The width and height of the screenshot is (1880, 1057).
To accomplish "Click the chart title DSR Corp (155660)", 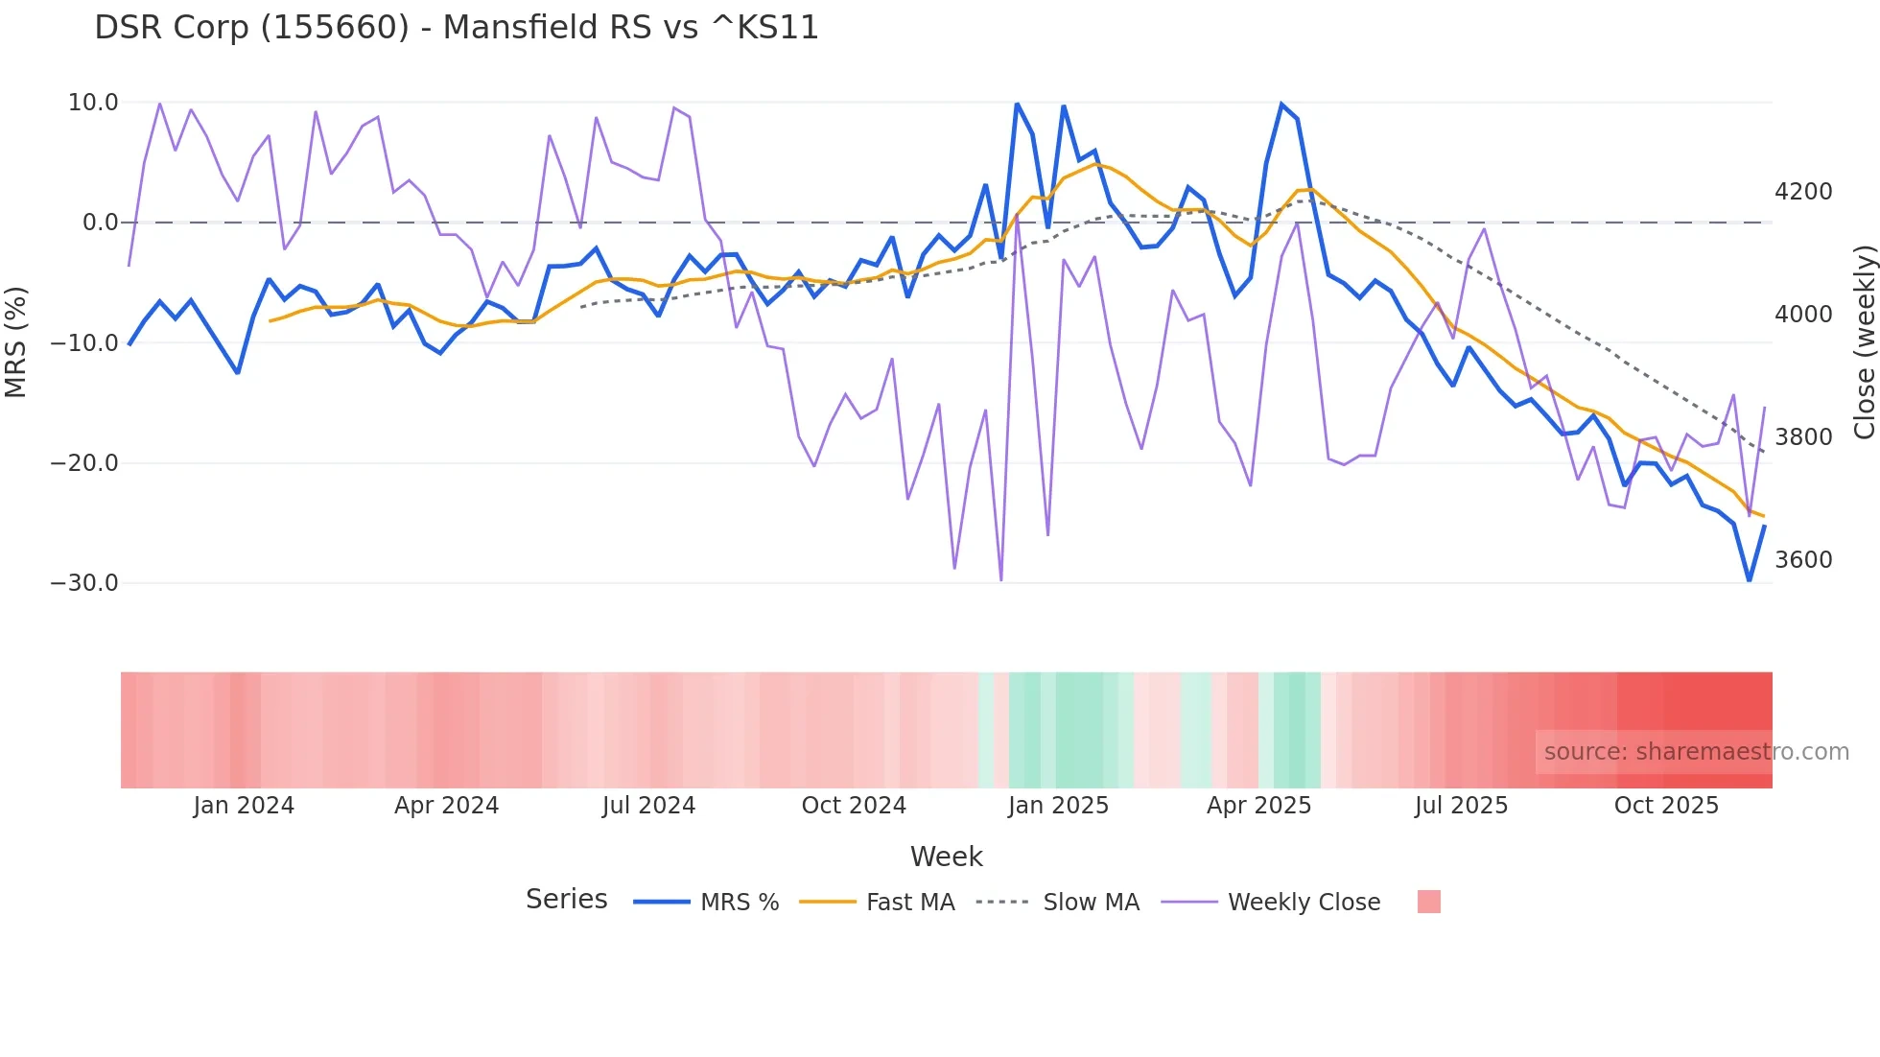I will click(457, 28).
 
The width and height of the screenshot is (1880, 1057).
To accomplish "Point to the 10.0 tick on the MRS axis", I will click(93, 103).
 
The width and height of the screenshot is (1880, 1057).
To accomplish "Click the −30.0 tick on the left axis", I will click(84, 583).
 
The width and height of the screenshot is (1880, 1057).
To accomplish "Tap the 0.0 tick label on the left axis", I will click(101, 223).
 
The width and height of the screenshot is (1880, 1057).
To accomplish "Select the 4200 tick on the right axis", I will click(1803, 192).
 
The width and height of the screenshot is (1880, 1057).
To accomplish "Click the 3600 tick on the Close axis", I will click(1803, 560).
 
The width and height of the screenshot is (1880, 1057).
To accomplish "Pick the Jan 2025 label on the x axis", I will click(1058, 806).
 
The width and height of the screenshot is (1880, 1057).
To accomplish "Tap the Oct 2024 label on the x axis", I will click(854, 806).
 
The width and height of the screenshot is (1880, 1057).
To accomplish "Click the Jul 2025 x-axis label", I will click(1461, 806).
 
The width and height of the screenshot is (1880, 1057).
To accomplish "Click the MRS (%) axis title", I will click(16, 342).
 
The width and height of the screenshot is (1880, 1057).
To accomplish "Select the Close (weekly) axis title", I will click(1864, 342).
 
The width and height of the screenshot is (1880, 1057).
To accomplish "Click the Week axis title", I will click(946, 857).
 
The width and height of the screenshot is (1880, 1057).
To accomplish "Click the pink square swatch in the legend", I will click(1428, 902).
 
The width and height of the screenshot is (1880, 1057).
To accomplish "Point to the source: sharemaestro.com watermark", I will click(1696, 752).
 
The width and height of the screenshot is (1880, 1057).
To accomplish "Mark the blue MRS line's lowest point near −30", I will click(1749, 580).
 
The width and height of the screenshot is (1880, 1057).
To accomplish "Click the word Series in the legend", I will click(566, 900).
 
